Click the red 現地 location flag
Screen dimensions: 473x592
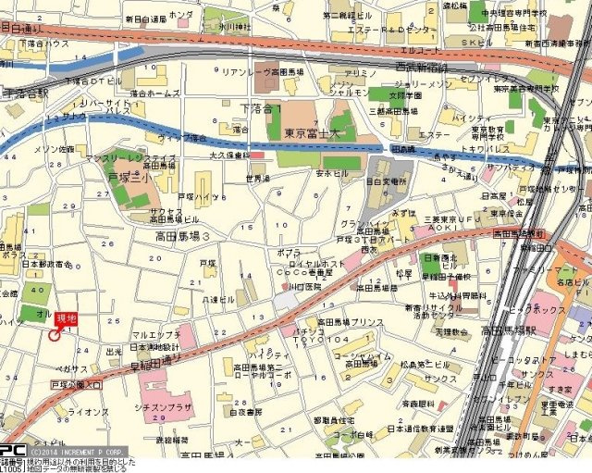click(67, 318)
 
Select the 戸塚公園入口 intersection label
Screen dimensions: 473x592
click(77, 382)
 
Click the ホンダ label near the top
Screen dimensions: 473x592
click(182, 16)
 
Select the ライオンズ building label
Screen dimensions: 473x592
click(89, 411)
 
